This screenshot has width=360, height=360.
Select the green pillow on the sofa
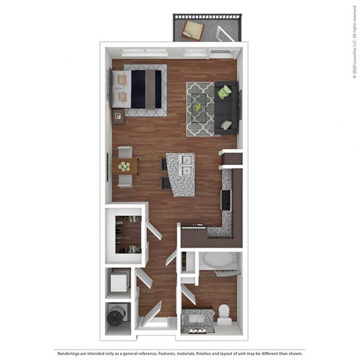coord(223,92)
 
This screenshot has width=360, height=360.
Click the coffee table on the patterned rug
coord(199,107)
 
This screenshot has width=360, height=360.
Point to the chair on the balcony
coord(193,30)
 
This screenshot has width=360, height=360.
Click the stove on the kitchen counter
coord(226,201)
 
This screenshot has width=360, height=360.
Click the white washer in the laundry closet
coord(118,283)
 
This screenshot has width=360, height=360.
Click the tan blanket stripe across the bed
coord(159,88)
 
